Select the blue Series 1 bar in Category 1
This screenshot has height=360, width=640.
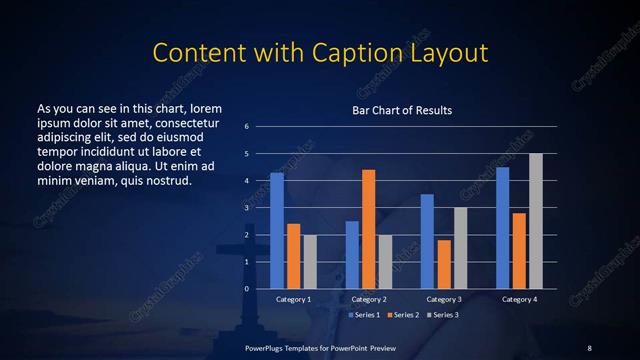[x=277, y=231]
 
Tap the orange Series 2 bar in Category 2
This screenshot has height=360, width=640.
[x=368, y=229]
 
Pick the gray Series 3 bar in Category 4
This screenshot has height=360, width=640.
[x=536, y=221]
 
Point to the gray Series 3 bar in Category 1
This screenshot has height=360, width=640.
[x=310, y=262]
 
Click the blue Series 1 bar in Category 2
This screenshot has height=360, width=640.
[x=352, y=255]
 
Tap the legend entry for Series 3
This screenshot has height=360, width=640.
[x=444, y=314]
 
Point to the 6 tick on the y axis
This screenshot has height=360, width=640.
[x=246, y=127]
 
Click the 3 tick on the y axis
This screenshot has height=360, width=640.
[x=246, y=208]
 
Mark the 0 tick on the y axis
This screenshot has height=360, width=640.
[x=246, y=289]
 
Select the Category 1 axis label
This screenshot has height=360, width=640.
[x=293, y=299]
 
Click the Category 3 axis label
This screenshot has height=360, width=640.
[x=444, y=299]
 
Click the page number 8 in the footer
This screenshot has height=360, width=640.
[x=589, y=347]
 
